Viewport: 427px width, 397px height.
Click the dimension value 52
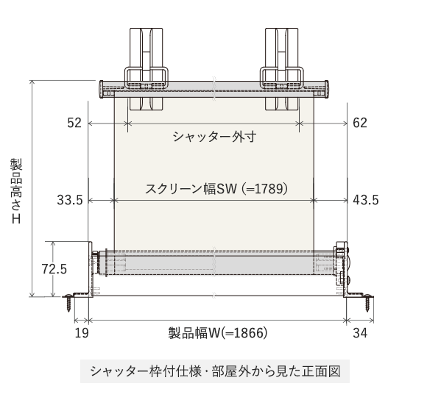(x=74, y=123)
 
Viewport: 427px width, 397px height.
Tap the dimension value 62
(x=359, y=123)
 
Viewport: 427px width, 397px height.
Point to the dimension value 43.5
(x=366, y=200)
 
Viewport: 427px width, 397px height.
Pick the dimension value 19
(x=82, y=333)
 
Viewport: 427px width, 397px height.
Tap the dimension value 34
(x=360, y=333)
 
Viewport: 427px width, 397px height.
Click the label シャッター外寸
(x=213, y=137)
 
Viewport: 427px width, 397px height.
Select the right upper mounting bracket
(x=281, y=62)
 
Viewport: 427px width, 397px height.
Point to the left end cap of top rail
(x=107, y=89)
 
